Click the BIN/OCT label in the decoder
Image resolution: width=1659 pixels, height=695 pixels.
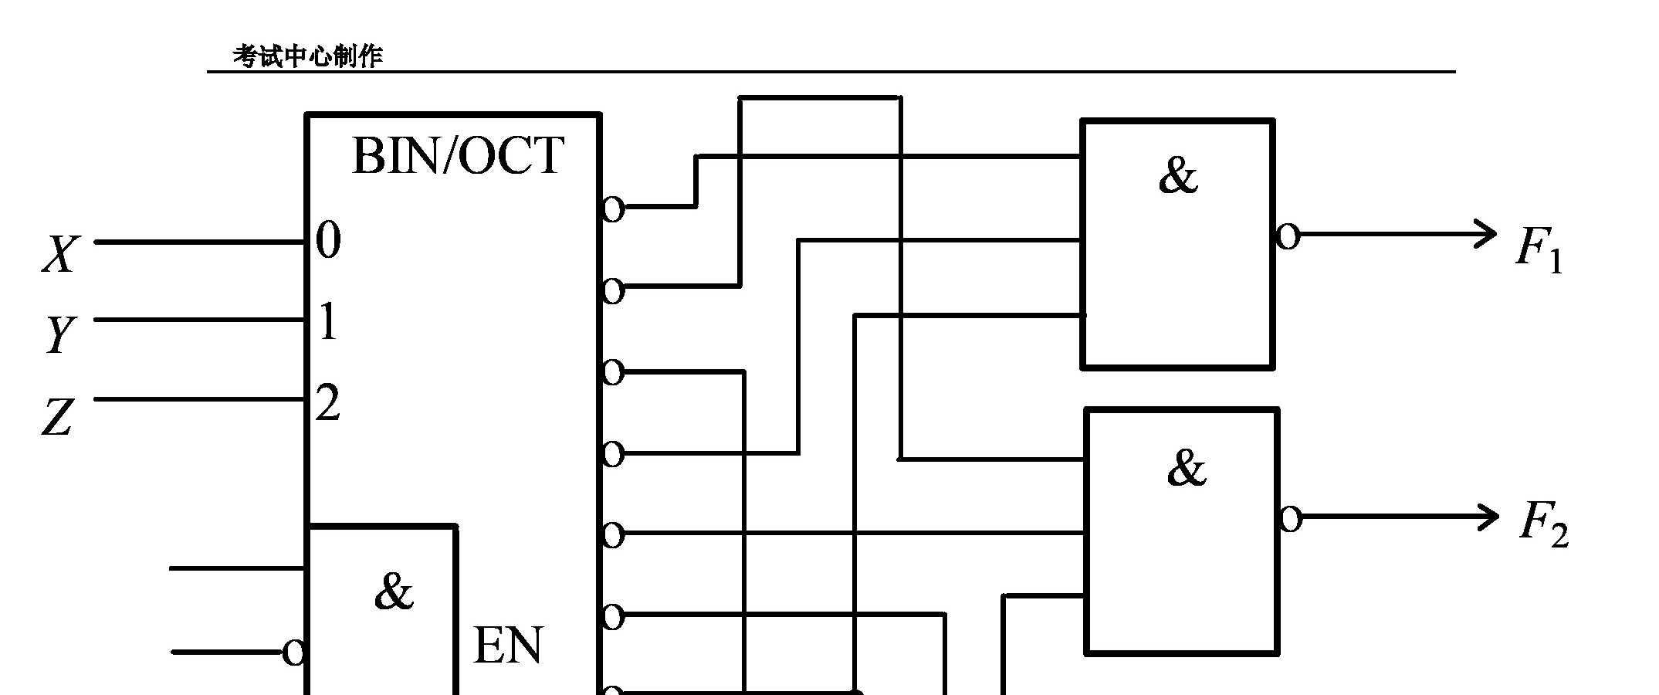(x=457, y=156)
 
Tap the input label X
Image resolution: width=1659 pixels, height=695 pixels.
(x=60, y=254)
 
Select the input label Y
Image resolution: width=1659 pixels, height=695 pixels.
(x=60, y=335)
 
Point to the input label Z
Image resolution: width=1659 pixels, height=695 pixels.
(x=57, y=418)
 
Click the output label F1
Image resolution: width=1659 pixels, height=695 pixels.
(x=1539, y=250)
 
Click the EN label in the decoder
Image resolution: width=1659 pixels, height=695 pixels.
(x=507, y=646)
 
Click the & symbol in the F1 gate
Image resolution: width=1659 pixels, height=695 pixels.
(x=1177, y=175)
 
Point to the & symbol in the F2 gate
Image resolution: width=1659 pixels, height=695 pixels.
(x=1186, y=468)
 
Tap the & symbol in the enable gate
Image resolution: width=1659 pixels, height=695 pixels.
(x=393, y=592)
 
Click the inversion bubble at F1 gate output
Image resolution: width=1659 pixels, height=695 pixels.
(x=1287, y=236)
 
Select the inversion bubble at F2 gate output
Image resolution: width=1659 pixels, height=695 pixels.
(x=1290, y=519)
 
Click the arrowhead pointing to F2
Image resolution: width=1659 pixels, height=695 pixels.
(x=1488, y=517)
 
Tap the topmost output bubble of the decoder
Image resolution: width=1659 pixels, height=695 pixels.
(x=612, y=208)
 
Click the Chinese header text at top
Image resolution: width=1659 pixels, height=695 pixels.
(x=307, y=56)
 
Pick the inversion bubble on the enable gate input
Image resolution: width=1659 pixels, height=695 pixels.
(x=293, y=653)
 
